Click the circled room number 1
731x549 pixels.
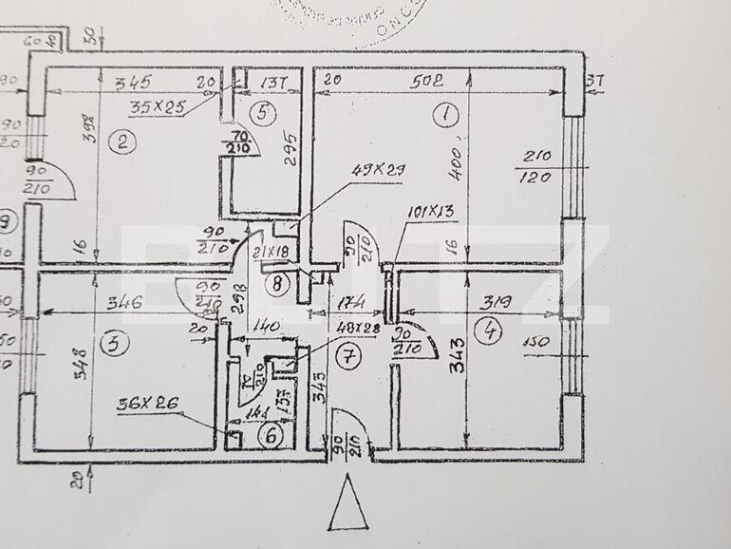tap(445, 116)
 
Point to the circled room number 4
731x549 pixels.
tap(490, 331)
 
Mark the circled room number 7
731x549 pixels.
tap(349, 357)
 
